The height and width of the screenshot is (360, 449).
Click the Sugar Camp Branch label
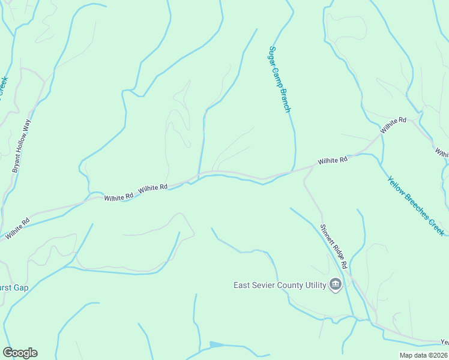(280, 79)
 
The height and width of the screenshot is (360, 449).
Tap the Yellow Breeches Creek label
(415, 205)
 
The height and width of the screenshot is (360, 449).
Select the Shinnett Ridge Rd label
(334, 246)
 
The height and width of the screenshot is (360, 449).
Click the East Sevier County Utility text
(280, 285)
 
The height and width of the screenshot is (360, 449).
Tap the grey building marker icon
(336, 285)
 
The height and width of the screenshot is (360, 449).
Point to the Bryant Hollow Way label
(22, 146)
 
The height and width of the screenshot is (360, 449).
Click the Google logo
(20, 353)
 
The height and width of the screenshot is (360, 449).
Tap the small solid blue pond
(216, 344)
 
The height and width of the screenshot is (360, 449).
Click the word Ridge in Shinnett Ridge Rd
(334, 248)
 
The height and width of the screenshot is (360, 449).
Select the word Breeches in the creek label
(417, 206)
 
